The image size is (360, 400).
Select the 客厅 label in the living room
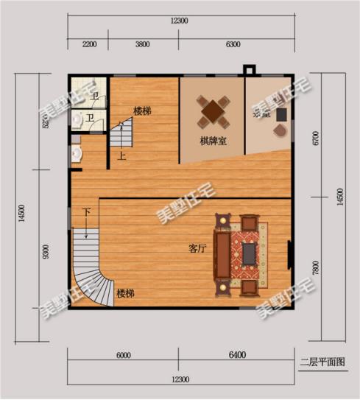(197, 248)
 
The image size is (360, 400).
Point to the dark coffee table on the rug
(250, 254)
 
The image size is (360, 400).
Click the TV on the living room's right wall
(290, 255)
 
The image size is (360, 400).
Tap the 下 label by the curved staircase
(86, 212)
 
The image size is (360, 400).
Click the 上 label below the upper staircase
(121, 156)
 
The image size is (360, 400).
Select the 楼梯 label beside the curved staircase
(125, 294)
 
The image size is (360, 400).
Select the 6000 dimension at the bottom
(124, 356)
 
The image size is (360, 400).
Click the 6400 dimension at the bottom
(236, 356)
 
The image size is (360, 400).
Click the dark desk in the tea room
(280, 116)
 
